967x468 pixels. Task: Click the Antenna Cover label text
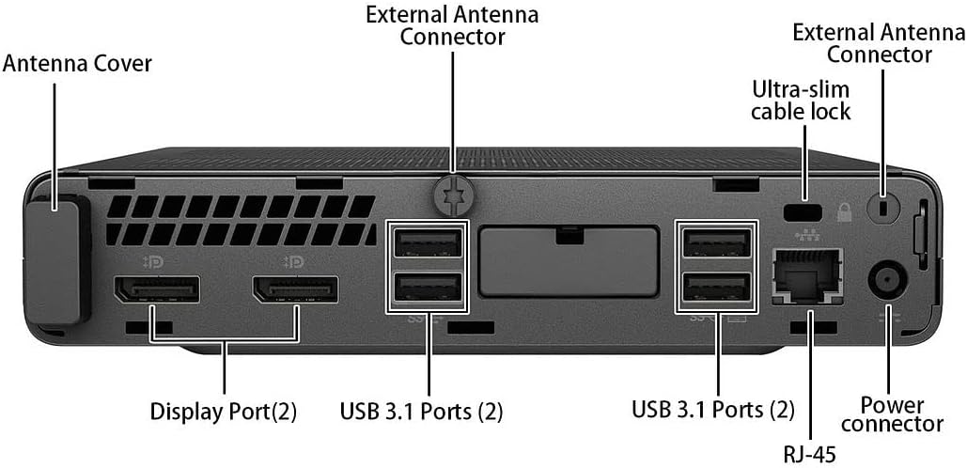click(77, 64)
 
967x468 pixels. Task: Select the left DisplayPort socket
click(156, 290)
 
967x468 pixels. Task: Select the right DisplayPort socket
click(294, 290)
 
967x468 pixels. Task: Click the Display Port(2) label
click(223, 411)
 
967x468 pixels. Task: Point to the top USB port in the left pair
click(428, 243)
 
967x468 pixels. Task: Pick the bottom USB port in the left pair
click(428, 287)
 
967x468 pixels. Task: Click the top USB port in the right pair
click(717, 243)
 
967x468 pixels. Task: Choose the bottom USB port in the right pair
click(717, 287)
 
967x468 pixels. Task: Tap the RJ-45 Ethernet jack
click(806, 275)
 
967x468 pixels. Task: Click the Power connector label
click(892, 414)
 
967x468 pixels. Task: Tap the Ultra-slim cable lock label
click(802, 101)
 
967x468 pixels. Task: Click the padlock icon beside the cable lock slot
click(843, 208)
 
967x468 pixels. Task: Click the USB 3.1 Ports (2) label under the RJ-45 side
click(712, 410)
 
